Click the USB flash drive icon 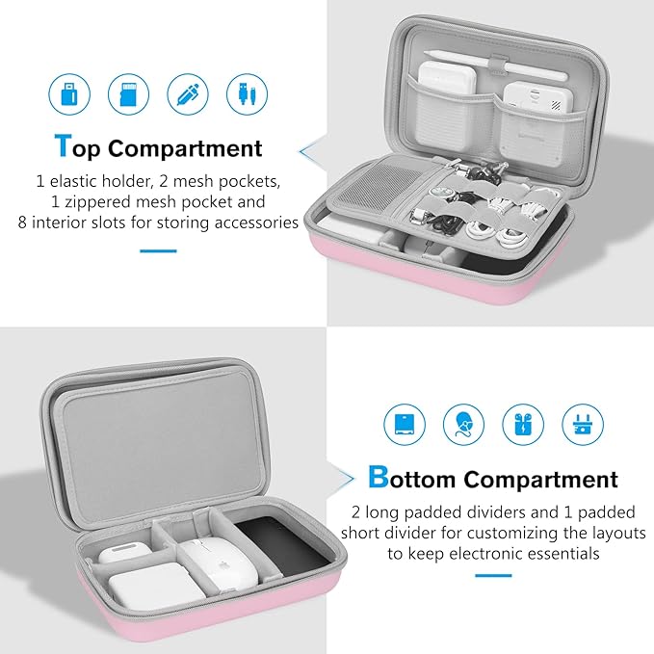pos(67,93)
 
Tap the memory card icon pos(127,93)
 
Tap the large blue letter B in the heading pos(379,478)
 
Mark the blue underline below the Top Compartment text pos(158,250)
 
